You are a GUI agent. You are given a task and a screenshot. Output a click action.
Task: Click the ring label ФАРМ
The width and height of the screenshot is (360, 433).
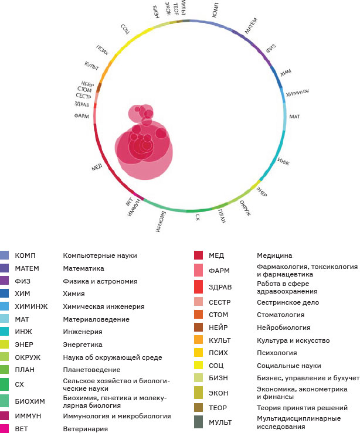(81, 116)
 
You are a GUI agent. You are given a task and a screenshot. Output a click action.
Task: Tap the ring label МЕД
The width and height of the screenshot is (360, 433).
(97, 168)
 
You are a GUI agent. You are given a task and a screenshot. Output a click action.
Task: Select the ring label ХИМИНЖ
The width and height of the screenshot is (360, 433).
(297, 94)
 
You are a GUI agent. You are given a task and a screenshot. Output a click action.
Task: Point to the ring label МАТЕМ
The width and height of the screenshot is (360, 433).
(250, 28)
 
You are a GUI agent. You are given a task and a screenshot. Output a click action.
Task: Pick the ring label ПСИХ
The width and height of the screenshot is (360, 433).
(101, 49)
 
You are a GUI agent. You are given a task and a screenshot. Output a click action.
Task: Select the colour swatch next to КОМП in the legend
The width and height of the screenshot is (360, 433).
(5, 255)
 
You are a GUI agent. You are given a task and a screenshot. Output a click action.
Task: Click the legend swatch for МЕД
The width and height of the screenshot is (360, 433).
(198, 255)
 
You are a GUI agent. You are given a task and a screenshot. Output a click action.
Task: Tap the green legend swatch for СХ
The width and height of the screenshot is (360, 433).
(5, 385)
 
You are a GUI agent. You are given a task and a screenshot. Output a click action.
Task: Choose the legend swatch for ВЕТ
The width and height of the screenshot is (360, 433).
(5, 429)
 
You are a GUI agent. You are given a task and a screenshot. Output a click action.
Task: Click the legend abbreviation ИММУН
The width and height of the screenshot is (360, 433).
(28, 416)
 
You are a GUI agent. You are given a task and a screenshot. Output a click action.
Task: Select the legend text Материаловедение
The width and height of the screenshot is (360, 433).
(96, 319)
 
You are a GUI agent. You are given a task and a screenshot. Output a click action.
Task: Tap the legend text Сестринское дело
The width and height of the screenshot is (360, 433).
(288, 302)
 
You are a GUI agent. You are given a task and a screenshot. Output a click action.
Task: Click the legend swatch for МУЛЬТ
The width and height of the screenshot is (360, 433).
(198, 422)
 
